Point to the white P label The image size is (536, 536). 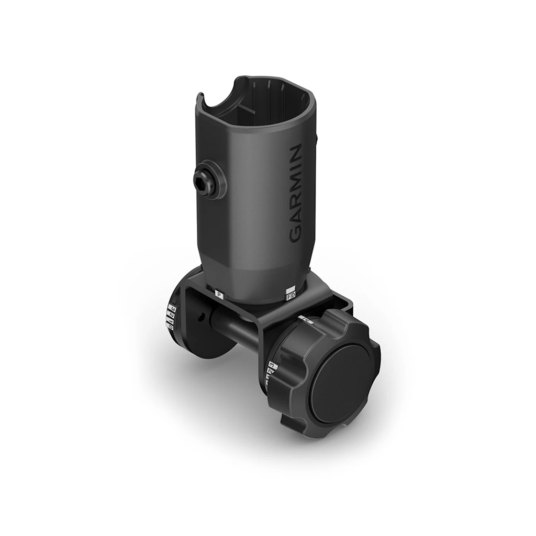[x=220, y=296]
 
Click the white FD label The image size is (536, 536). [x=291, y=297]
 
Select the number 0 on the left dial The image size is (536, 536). [x=170, y=326]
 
